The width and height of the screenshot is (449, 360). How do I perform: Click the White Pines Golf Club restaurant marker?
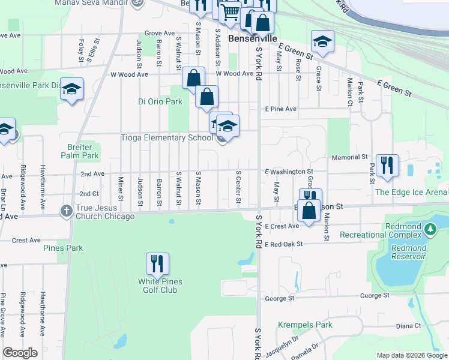tap(157, 263)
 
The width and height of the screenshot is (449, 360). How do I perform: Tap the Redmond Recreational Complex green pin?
tap(430, 229)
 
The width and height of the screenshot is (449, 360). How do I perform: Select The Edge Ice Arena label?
tap(411, 192)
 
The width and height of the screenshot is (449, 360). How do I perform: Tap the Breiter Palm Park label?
tap(79, 151)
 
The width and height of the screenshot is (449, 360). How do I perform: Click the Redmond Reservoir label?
tap(408, 252)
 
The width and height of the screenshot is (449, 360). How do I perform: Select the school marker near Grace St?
tap(322, 41)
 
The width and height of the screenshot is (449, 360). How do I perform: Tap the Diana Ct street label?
tap(409, 326)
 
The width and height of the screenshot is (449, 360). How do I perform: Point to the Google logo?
tap(20, 353)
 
